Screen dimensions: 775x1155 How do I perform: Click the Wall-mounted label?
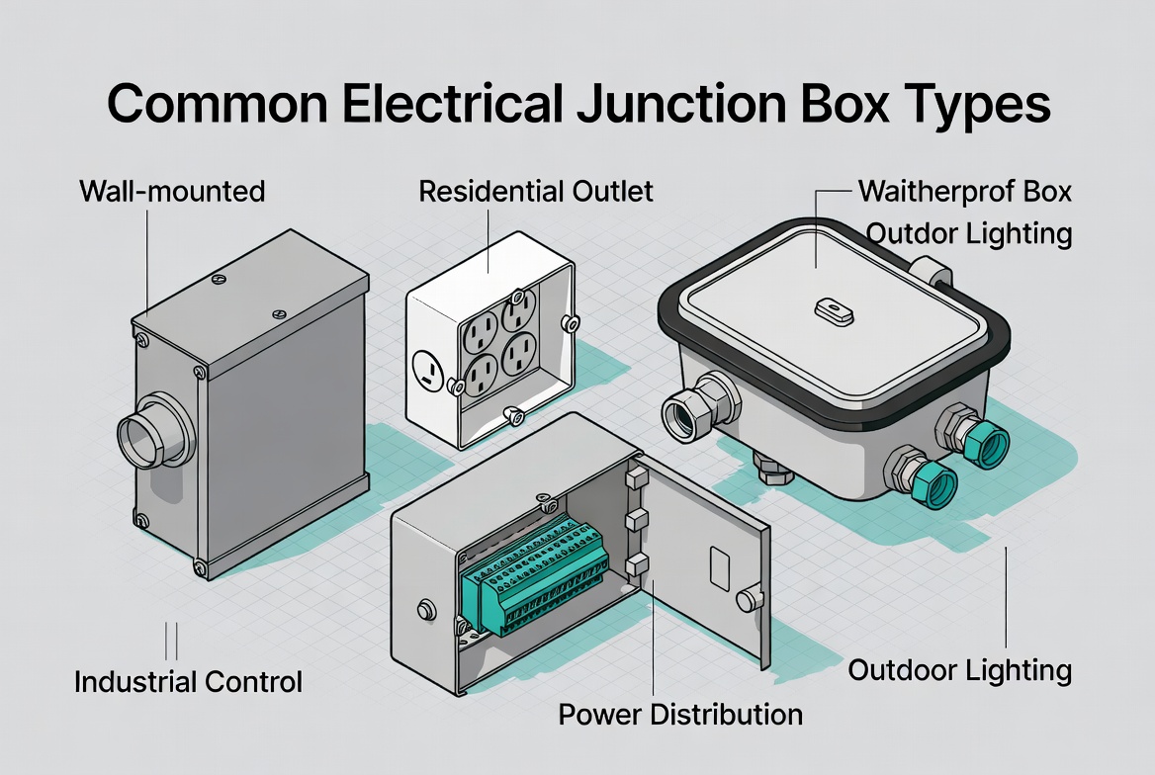coord(171,190)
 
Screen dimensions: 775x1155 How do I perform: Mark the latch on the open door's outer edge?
coord(750,598)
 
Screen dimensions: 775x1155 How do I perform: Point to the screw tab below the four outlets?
coord(513,417)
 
